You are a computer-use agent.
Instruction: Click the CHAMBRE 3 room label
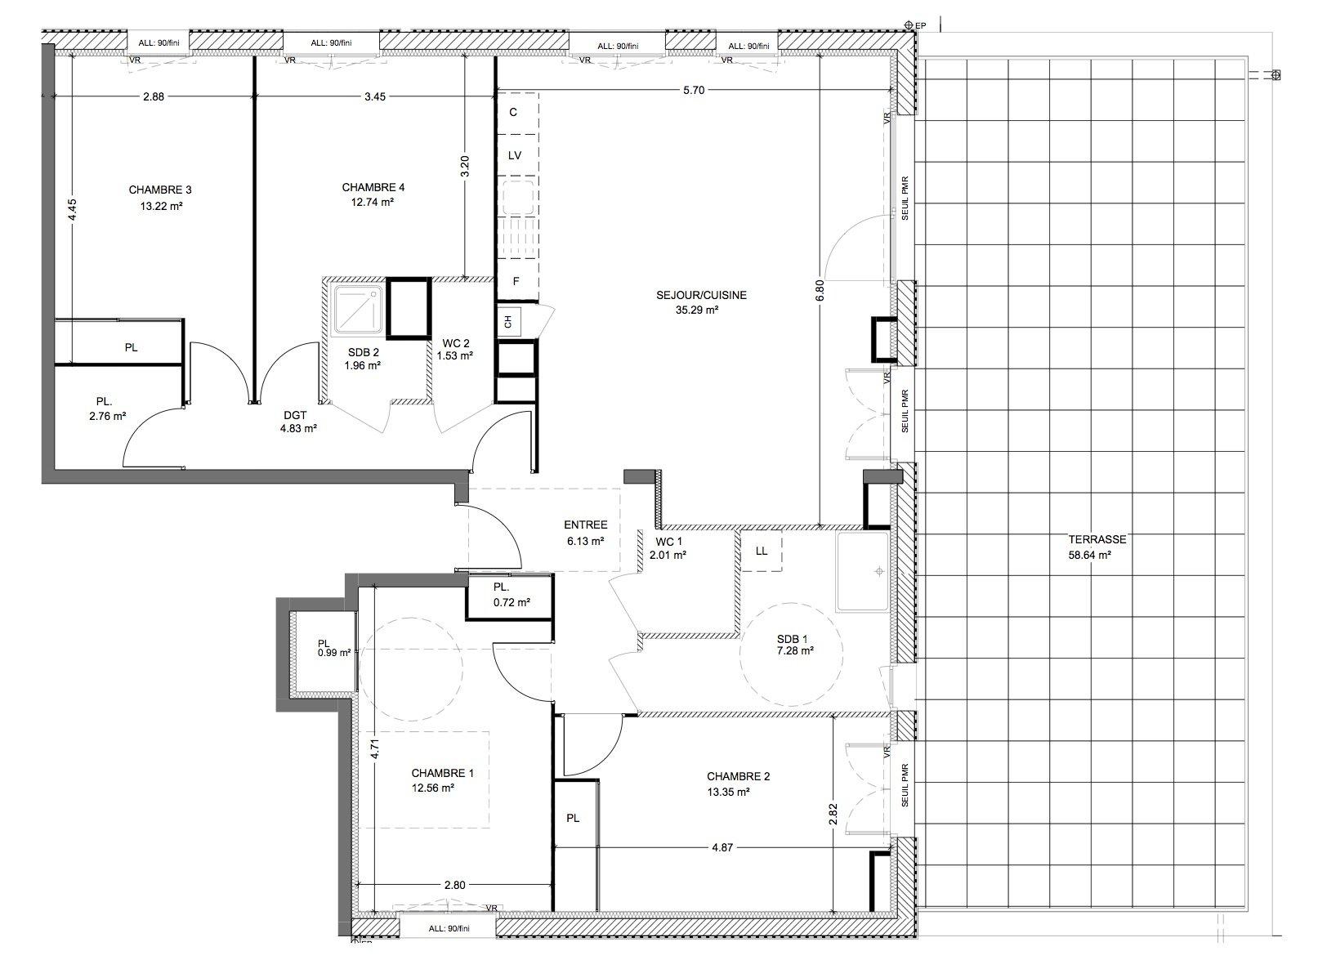(x=160, y=190)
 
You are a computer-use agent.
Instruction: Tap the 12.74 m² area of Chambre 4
(x=373, y=202)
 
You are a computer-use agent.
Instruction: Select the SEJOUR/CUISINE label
(x=701, y=295)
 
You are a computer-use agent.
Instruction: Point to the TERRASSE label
(x=1097, y=539)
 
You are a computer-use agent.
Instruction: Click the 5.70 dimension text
(x=694, y=91)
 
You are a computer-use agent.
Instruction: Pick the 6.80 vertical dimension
(x=820, y=291)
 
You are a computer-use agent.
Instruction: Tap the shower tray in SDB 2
(x=359, y=309)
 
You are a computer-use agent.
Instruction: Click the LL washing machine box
(x=762, y=551)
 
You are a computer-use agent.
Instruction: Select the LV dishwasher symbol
(x=515, y=156)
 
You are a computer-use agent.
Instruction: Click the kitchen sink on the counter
(x=517, y=197)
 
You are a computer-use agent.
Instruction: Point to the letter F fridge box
(x=516, y=281)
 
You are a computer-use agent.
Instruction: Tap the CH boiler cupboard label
(x=509, y=322)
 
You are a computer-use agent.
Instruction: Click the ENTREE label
(x=585, y=525)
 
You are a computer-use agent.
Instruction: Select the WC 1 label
(x=668, y=542)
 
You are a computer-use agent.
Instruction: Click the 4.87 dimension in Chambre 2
(x=722, y=848)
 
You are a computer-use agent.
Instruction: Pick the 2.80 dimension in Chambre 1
(x=454, y=886)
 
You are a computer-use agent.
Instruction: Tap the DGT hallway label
(x=295, y=416)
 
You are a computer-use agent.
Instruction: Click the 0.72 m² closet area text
(x=512, y=602)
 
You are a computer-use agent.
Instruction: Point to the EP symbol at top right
(x=914, y=25)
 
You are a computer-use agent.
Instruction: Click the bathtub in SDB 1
(x=862, y=572)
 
